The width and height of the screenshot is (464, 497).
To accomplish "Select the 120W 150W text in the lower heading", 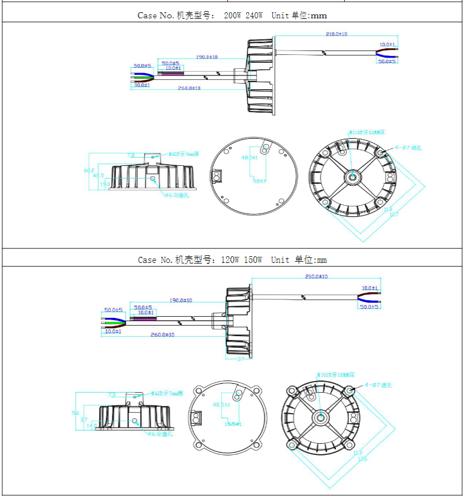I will coord(241,260).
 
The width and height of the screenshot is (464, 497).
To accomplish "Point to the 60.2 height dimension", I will coord(89,170).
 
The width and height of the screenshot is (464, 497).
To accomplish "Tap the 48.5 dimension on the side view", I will coord(98,176).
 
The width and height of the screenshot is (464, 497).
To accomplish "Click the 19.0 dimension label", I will coord(105,185).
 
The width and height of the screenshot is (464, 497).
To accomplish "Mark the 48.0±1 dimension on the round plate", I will coord(250,158).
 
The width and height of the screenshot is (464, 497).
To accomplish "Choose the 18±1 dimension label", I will coord(259,181).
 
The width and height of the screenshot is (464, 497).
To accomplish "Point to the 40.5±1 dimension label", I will coord(222,405).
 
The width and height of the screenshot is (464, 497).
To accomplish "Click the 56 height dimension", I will coord(76,413).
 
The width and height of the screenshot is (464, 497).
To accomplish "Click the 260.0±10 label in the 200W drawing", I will coord(189,88).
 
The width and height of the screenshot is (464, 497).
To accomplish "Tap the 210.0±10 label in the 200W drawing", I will coord(336,34).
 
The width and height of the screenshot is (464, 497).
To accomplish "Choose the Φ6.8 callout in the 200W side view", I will coord(177,195).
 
